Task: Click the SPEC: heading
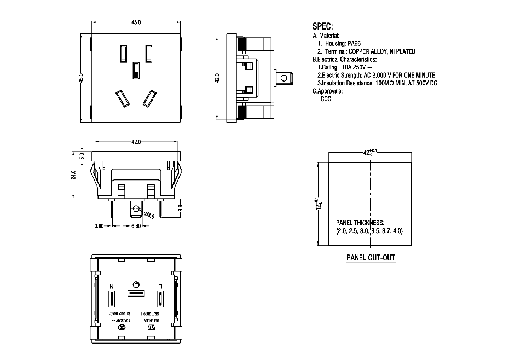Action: coord(322,26)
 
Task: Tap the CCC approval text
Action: coord(326,99)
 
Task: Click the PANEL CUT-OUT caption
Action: coord(371,258)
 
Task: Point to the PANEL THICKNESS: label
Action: coord(360,223)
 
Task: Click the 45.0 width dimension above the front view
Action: coord(136,22)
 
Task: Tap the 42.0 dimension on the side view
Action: coord(217,77)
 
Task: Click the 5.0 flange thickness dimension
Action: coord(82,155)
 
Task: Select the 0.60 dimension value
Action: coord(99,225)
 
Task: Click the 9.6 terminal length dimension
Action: coord(181,209)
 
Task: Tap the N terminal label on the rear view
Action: coord(112,286)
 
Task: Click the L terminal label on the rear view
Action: coord(160,286)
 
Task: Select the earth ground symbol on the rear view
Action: coord(136,284)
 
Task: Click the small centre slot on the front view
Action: coord(136,70)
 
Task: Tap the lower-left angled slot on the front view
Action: coord(122,98)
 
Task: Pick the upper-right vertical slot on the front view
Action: coord(148,53)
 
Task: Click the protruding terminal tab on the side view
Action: coord(285,78)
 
